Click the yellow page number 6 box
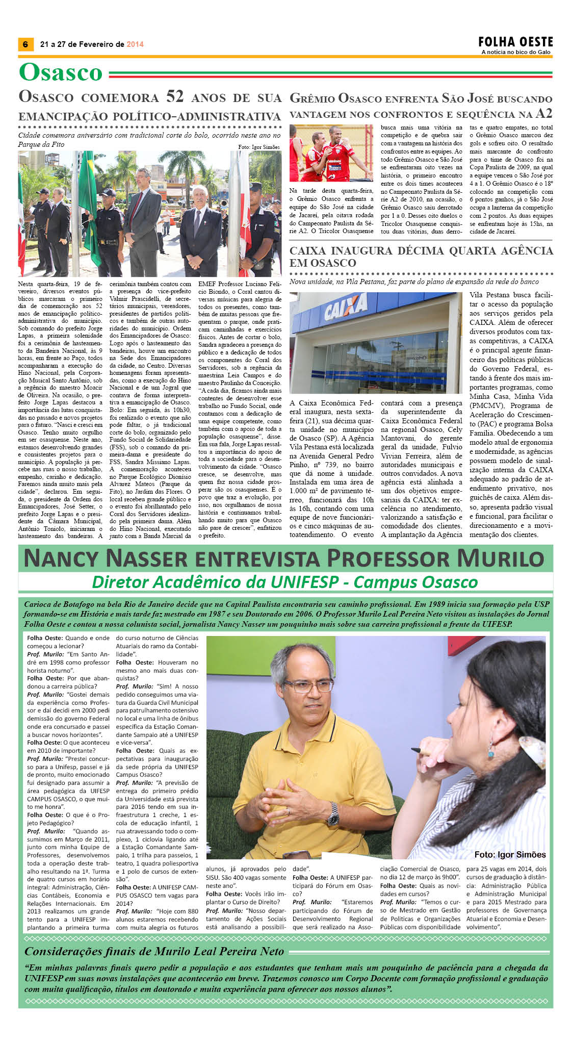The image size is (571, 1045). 25,44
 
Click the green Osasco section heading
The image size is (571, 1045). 61,72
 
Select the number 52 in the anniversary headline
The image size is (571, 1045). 175,96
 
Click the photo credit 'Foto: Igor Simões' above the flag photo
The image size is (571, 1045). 258,147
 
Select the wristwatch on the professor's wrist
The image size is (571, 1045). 333,813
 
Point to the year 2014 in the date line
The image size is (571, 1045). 135,44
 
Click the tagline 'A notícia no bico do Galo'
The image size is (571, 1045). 516,52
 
